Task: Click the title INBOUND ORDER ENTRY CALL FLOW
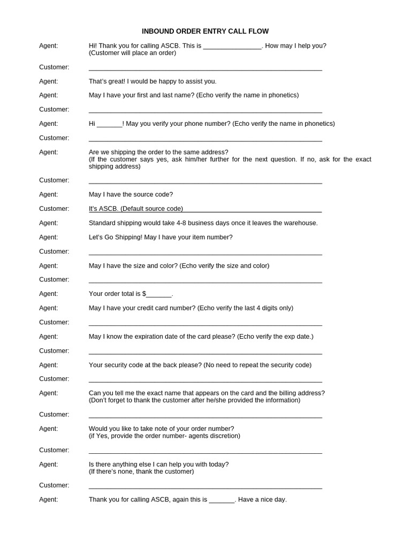[x=205, y=32]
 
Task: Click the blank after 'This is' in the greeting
[x=232, y=47]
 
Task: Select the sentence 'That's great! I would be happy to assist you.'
[x=153, y=81]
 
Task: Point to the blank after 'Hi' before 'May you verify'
[x=110, y=124]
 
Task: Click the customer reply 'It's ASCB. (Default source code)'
[x=136, y=209]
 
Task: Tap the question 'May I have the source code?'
[x=131, y=194]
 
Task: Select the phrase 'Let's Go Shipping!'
[x=116, y=237]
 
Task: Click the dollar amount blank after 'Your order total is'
[x=159, y=294]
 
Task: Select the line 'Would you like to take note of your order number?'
[x=161, y=429]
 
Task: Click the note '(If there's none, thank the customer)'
[x=141, y=471]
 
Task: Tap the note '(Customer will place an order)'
[x=132, y=53]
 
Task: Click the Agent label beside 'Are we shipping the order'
[x=48, y=152]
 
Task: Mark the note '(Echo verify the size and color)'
[x=224, y=265]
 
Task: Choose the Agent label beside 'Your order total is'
[x=48, y=294]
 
